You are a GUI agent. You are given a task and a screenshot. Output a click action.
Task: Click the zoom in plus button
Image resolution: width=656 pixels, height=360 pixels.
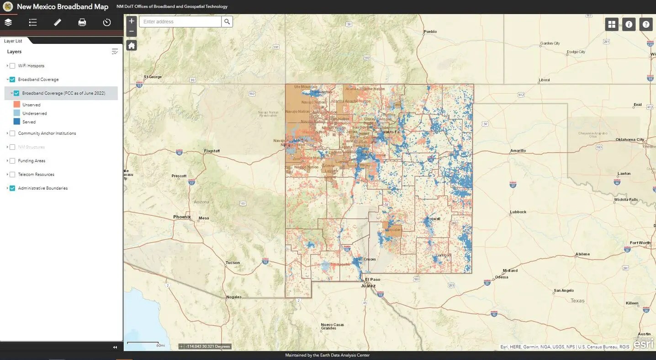pos(132,21)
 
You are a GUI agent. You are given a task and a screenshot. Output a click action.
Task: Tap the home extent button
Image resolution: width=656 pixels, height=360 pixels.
pos(132,45)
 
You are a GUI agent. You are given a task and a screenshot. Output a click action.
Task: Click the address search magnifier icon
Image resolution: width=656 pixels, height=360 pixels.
pos(227,21)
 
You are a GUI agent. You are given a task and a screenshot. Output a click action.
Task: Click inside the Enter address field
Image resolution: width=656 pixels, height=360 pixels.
pos(180,21)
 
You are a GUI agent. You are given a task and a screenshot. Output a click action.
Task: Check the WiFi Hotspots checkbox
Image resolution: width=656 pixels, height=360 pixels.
pos(12,66)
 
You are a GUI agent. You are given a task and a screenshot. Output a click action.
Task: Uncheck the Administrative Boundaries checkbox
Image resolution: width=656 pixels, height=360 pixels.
pos(12,188)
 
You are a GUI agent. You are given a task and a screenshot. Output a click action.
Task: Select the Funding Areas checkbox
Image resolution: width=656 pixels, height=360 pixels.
pos(12,161)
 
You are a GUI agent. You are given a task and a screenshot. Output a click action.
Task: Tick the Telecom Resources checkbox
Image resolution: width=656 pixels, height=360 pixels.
pos(12,175)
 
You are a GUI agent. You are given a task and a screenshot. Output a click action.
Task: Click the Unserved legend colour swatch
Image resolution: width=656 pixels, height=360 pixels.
pos(17,105)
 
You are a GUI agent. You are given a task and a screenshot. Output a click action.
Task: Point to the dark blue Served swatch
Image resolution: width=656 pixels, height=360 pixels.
pos(17,122)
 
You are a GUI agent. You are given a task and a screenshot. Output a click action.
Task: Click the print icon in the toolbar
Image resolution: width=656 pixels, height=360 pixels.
pos(82,22)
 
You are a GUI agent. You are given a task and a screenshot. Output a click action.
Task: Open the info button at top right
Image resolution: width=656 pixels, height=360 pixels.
pos(629,24)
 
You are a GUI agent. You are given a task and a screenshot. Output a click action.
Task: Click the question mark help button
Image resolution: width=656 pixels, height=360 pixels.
pos(646,24)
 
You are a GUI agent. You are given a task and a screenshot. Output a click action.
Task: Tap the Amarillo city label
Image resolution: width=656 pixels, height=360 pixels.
pos(518,150)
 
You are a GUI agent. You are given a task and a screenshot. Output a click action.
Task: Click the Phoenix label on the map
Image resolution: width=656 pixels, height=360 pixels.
pos(182,217)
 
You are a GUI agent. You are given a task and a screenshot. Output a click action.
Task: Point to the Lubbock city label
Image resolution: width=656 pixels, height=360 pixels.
pos(518,212)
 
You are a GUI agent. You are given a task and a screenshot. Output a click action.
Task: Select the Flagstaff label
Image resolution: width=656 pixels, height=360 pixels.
pos(212,151)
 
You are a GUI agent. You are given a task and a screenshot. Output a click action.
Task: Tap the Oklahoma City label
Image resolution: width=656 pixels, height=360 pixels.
pos(630,140)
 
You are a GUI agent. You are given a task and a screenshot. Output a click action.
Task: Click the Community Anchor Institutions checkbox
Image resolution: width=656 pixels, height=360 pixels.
pos(12,133)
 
